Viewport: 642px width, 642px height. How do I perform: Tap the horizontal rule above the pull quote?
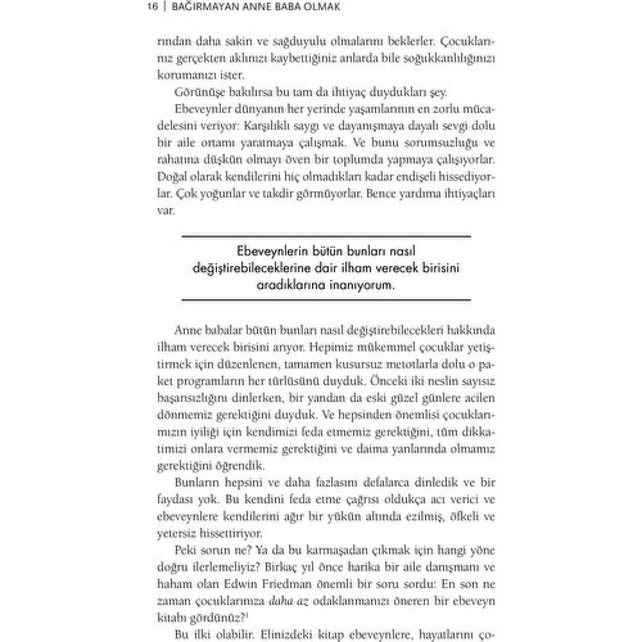click(x=326, y=237)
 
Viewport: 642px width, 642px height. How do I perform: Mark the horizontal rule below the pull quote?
click(x=326, y=300)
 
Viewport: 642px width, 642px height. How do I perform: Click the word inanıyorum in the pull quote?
click(x=362, y=286)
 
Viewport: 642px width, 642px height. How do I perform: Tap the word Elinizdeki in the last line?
click(x=274, y=635)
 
